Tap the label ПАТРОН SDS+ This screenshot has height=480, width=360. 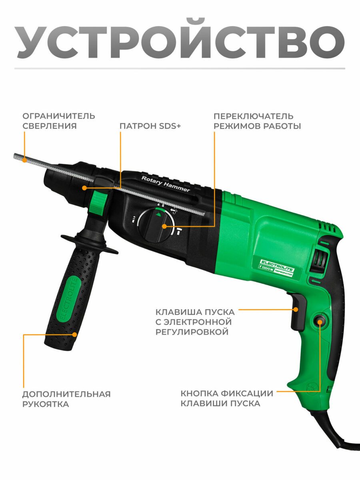coord(150,126)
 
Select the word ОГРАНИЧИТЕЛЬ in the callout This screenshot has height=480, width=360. coord(58,116)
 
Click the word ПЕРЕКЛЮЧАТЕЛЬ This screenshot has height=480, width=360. coord(253,116)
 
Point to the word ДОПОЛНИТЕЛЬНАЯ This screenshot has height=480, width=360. coord(66,394)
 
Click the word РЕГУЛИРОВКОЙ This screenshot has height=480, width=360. coord(192,332)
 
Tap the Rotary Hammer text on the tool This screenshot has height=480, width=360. coord(166,184)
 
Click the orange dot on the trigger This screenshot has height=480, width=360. coord(296,310)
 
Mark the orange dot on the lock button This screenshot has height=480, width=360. coord(320,322)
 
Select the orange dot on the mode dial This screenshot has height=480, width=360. coord(164,226)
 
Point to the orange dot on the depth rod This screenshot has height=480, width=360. coord(25,160)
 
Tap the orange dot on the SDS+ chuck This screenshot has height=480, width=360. coord(84,188)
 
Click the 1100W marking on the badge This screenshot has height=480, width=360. coord(267,268)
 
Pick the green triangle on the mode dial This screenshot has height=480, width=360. coord(158,214)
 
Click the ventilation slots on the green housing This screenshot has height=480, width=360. coord(329,227)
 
